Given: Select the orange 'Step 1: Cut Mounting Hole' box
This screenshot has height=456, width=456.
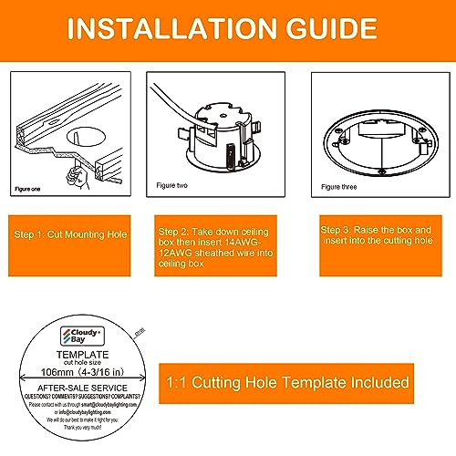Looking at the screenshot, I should tap(69, 234).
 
